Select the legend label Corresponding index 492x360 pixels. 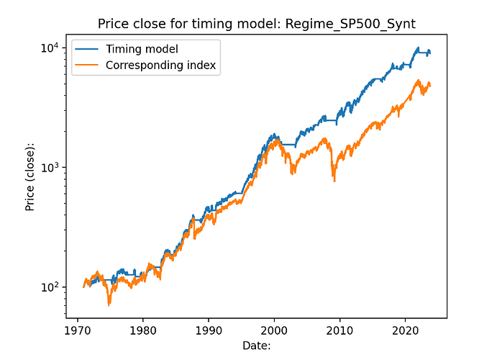pyautogui.click(x=160, y=66)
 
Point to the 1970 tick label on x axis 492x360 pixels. pyautogui.click(x=77, y=333)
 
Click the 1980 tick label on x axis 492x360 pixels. pyautogui.click(x=142, y=333)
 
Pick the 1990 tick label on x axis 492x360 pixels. pyautogui.click(x=209, y=333)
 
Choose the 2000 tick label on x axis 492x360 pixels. pyautogui.click(x=274, y=333)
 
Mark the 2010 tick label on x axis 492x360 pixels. pyautogui.click(x=340, y=333)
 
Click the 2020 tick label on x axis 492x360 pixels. pyautogui.click(x=406, y=333)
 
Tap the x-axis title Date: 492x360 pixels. pyautogui.click(x=255, y=347)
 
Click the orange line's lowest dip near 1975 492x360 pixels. pyautogui.click(x=109, y=305)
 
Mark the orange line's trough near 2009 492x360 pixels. pyautogui.click(x=334, y=180)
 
